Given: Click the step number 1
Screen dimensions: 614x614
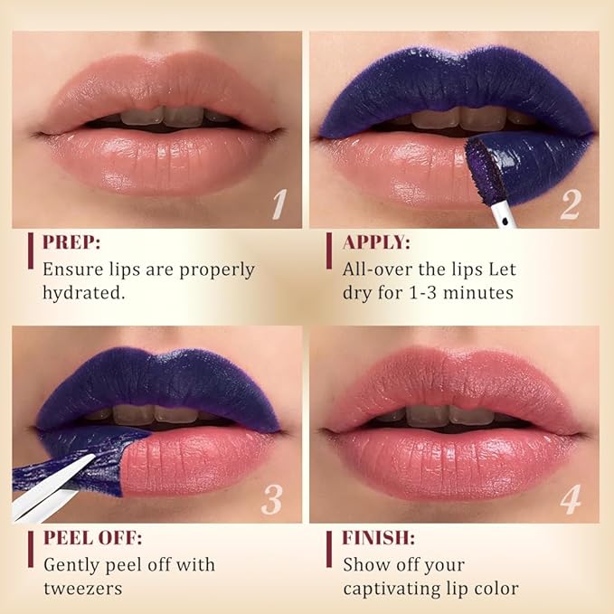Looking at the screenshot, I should (279, 205).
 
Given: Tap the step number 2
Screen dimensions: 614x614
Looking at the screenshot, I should (570, 205).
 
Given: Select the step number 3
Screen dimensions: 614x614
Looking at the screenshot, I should (273, 499).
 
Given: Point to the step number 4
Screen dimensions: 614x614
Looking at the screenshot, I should (570, 499).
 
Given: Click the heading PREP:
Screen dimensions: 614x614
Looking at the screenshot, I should (74, 242).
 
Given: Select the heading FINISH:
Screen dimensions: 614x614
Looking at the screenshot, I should (378, 538).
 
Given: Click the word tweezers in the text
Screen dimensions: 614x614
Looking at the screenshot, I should (83, 590).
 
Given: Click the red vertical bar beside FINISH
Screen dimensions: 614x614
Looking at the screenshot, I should (329, 549).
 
